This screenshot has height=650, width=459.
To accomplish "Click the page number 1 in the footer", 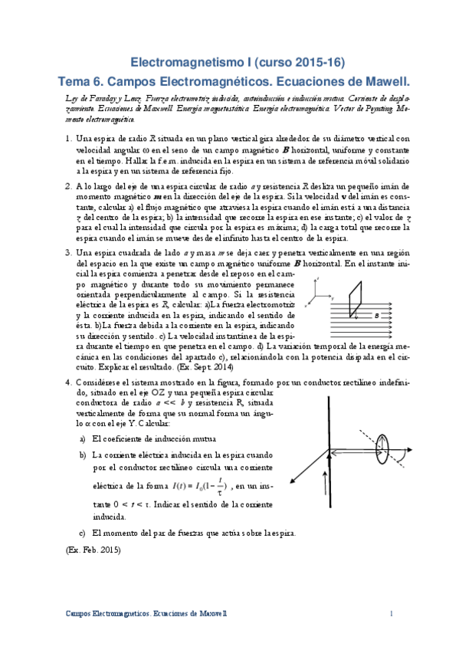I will pyautogui.click(x=391, y=614).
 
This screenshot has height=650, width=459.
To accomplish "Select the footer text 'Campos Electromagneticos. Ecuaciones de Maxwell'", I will pyautogui.click(x=146, y=614).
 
